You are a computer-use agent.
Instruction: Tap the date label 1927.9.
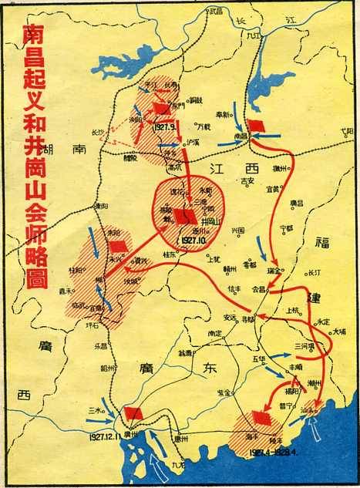click(x=167, y=125)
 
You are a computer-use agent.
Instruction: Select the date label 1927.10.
click(x=192, y=241)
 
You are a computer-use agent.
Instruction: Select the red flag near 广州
click(x=133, y=414)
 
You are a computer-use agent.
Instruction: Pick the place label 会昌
click(x=257, y=289)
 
